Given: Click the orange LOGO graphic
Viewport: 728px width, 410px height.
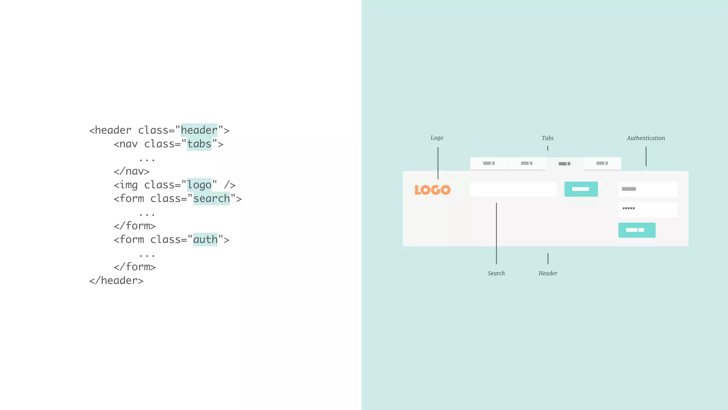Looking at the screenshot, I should (x=432, y=190).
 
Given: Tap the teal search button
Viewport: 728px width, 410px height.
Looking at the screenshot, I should (x=581, y=189).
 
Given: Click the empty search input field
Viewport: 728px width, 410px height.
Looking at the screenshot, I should (x=513, y=189).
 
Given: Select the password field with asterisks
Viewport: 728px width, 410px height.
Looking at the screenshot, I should (x=648, y=210).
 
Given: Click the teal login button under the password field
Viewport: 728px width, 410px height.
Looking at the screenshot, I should (x=637, y=230).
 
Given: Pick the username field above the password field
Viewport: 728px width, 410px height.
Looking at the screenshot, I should (x=648, y=189).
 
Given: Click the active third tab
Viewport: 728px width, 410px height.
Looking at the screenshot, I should (x=564, y=164).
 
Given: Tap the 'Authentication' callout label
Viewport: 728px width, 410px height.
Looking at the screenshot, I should (x=646, y=138).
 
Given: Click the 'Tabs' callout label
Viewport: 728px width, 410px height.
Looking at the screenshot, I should (x=547, y=138).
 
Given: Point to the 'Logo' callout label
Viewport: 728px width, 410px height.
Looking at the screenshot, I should (x=437, y=138).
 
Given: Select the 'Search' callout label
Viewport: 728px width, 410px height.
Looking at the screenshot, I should (x=496, y=273).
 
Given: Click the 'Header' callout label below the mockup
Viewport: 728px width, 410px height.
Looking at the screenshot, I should (x=547, y=273).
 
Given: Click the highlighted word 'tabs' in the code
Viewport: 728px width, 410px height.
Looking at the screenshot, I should (x=199, y=144).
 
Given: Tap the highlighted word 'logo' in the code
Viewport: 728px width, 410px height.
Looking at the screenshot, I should (x=199, y=185).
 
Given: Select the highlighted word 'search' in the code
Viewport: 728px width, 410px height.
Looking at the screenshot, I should (x=212, y=199).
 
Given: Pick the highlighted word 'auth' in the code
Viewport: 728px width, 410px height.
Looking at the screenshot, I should (x=205, y=240).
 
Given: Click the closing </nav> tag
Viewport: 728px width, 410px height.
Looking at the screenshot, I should (x=132, y=171).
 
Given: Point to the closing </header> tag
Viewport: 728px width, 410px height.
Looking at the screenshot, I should (x=116, y=280).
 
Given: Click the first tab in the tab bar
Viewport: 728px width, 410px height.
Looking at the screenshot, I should (x=489, y=163).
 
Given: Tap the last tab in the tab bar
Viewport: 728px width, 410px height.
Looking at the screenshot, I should (x=602, y=163).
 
